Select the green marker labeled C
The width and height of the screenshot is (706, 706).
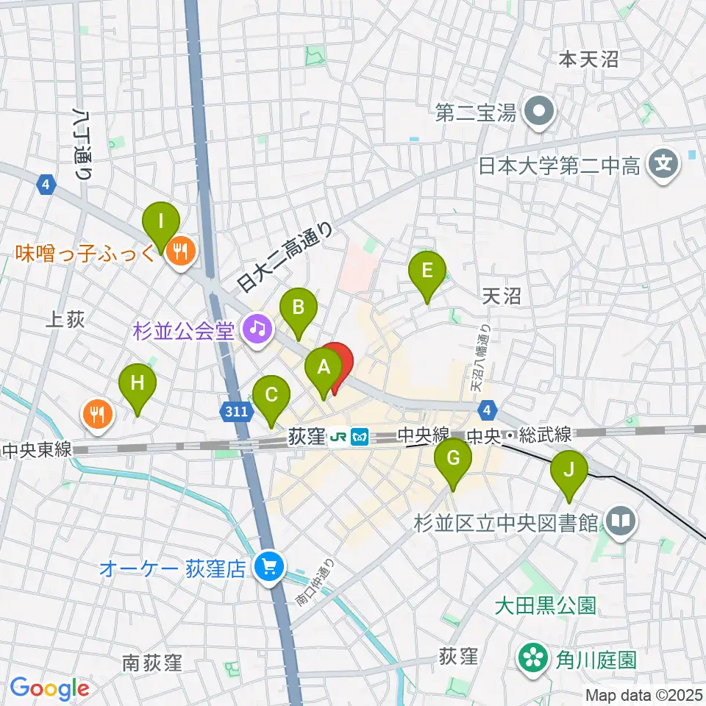coord(271,396)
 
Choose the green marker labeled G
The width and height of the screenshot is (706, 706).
coord(453,460)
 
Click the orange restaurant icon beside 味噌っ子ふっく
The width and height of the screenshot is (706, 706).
coord(179,252)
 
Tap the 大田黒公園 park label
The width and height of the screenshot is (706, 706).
coord(544,605)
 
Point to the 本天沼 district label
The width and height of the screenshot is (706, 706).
coord(589,60)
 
